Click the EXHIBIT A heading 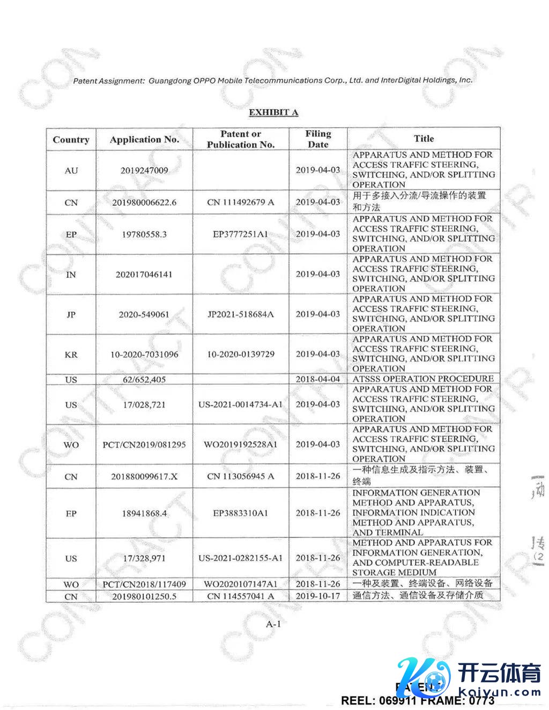pyautogui.click(x=273, y=112)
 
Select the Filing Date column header pyautogui.click(x=318, y=139)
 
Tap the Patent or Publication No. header pyautogui.click(x=241, y=139)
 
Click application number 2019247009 pyautogui.click(x=144, y=171)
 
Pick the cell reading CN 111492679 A pyautogui.click(x=241, y=202)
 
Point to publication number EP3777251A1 pyautogui.click(x=241, y=234)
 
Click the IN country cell pyautogui.click(x=71, y=275)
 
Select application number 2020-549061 pyautogui.click(x=144, y=314)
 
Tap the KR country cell pyautogui.click(x=71, y=354)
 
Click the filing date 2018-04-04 pyautogui.click(x=318, y=379)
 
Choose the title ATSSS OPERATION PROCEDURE pyautogui.click(x=423, y=379)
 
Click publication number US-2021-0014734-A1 pyautogui.click(x=241, y=404)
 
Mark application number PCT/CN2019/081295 pyautogui.click(x=144, y=445)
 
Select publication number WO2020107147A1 pyautogui.click(x=241, y=583)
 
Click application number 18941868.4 pyautogui.click(x=144, y=513)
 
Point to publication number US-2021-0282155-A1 pyautogui.click(x=241, y=558)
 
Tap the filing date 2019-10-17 pyautogui.click(x=318, y=596)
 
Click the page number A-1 pyautogui.click(x=273, y=624)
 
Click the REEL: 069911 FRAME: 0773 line pyautogui.click(x=418, y=700)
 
